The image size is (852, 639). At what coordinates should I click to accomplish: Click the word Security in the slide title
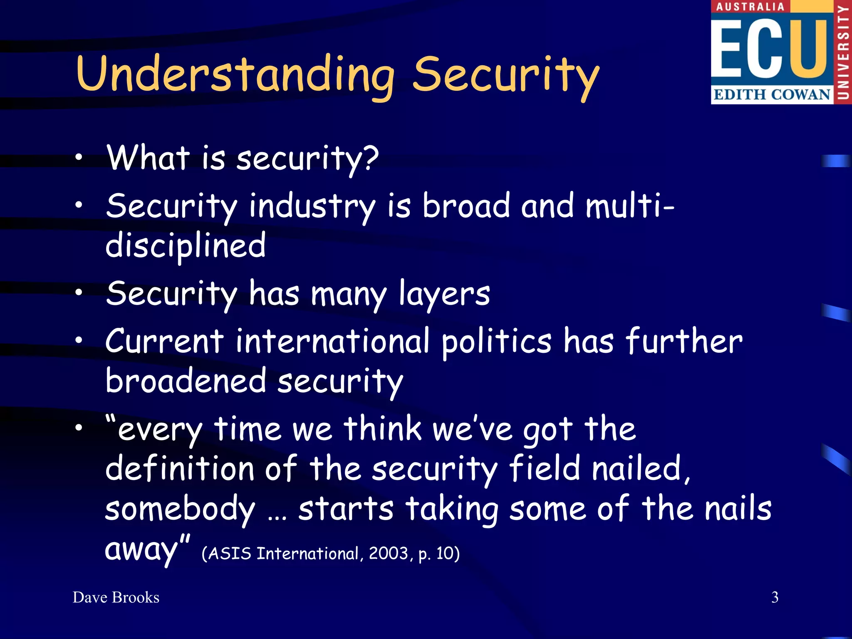pyautogui.click(x=505, y=75)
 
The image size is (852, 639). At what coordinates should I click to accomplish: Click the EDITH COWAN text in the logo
pyautogui.click(x=772, y=94)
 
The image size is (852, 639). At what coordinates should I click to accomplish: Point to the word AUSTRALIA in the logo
pyautogui.click(x=750, y=7)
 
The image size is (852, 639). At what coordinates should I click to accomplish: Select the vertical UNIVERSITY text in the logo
pyautogui.click(x=843, y=52)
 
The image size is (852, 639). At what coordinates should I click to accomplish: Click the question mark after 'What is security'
pyautogui.click(x=369, y=158)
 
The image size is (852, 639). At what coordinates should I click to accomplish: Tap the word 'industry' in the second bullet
pyautogui.click(x=312, y=207)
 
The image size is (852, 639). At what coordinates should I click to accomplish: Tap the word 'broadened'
pyautogui.click(x=186, y=381)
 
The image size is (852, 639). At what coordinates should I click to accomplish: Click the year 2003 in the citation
pyautogui.click(x=388, y=553)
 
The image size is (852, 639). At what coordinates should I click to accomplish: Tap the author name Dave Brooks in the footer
pyautogui.click(x=116, y=597)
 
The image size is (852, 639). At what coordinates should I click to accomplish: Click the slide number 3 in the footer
pyautogui.click(x=775, y=597)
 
